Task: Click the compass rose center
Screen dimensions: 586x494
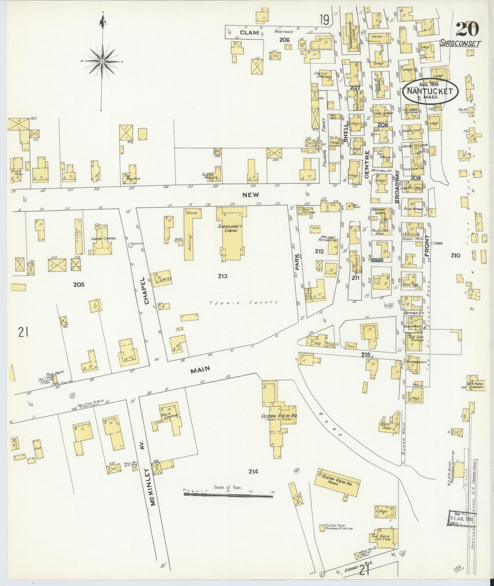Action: point(102,62)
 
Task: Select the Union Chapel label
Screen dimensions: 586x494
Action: point(98,239)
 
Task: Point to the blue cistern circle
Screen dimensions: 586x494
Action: point(131,245)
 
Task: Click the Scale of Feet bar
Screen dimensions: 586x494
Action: point(229,494)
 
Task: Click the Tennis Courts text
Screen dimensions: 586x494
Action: point(243,302)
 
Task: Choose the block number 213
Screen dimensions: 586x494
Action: point(223,276)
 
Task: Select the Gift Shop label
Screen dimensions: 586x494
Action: point(387,427)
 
